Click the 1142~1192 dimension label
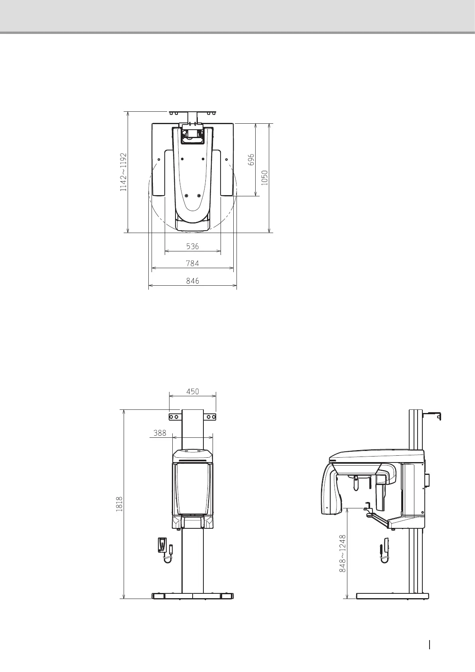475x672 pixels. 123,172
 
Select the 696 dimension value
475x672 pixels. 251,160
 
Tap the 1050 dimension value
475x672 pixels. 264,178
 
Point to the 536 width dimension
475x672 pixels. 193,246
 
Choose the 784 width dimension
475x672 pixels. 193,263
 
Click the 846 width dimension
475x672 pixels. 193,281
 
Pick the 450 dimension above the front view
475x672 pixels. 193,391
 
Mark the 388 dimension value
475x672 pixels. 160,433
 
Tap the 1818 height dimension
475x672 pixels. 119,504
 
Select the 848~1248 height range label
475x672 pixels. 343,553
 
